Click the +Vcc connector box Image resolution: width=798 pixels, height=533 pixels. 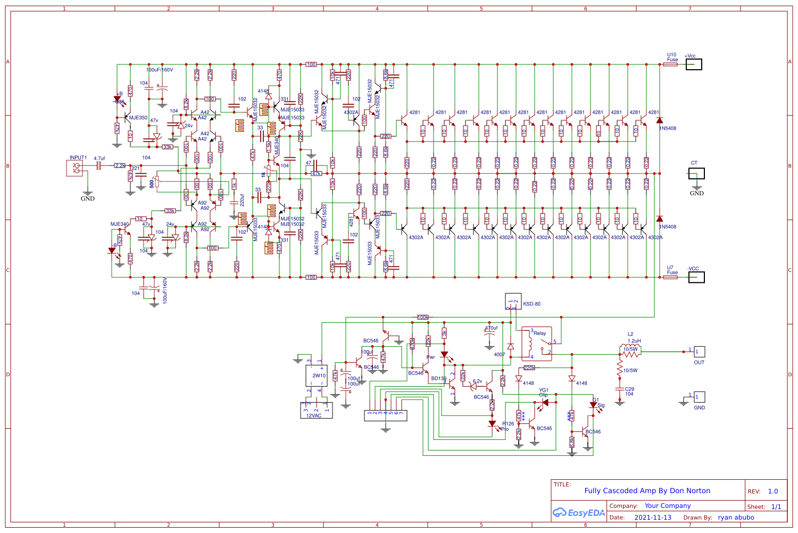(694, 64)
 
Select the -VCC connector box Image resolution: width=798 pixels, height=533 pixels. (696, 277)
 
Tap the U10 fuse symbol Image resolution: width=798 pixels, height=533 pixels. (670, 64)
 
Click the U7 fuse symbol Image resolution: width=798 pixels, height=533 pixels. (670, 277)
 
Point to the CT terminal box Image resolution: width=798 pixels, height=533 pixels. (696, 173)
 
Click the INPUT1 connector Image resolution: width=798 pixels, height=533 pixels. (74, 168)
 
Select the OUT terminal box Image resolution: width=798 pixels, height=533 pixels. (699, 352)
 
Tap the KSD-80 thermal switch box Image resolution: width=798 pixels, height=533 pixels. (513, 301)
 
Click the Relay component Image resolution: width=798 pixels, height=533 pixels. (536, 344)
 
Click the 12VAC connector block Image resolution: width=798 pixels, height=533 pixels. (317, 410)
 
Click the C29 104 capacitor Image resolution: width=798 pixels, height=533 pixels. (619, 389)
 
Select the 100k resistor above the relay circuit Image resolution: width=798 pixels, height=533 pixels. (422, 317)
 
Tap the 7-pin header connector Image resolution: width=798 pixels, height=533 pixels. (385, 415)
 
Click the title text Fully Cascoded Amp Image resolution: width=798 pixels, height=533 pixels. (647, 491)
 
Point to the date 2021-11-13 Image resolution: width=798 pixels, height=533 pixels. (653, 518)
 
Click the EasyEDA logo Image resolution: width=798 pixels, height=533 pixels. (578, 513)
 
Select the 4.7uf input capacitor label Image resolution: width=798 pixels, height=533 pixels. (99, 159)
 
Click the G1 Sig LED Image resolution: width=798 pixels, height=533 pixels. (593, 405)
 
